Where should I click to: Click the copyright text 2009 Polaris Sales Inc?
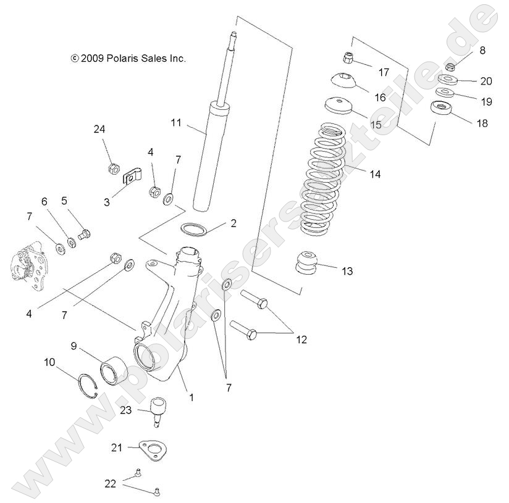[x=128, y=59]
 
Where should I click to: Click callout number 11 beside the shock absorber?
[x=176, y=123]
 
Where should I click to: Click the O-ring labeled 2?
[x=194, y=228]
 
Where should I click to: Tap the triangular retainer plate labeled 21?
[x=152, y=449]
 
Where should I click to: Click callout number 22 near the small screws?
[x=110, y=484]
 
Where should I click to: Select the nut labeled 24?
[x=113, y=167]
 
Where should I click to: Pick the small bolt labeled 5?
[x=85, y=233]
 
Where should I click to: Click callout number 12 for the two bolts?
[x=301, y=339]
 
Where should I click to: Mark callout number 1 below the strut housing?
[x=191, y=397]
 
